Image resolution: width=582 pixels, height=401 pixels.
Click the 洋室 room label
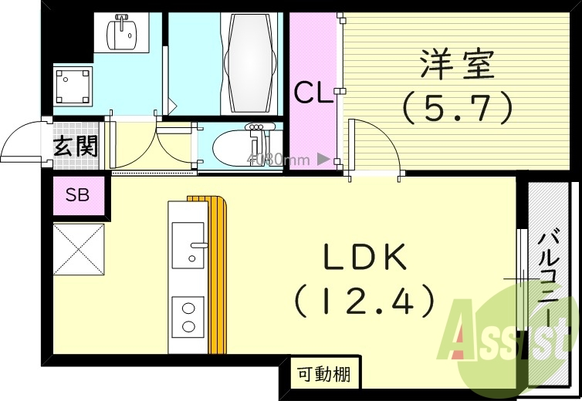click(457, 66)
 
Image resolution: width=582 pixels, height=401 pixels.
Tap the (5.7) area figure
click(457, 107)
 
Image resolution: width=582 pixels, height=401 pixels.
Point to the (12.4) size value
click(364, 302)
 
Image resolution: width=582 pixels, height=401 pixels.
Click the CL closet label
click(313, 95)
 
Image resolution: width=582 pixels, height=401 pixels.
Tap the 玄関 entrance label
click(76, 146)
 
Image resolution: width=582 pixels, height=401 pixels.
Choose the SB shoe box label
click(77, 195)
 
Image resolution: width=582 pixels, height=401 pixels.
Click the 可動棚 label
click(323, 375)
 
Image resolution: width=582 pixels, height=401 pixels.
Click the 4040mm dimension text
click(278, 160)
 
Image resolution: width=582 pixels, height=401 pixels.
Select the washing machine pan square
click(73, 85)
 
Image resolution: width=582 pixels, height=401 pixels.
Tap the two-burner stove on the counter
click(188, 316)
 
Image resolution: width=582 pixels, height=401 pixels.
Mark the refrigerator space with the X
click(78, 248)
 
